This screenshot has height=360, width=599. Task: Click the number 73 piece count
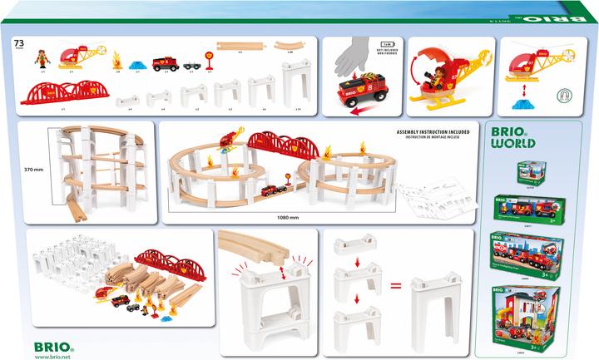click(x=18, y=42)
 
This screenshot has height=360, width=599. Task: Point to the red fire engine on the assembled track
click(x=270, y=190)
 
